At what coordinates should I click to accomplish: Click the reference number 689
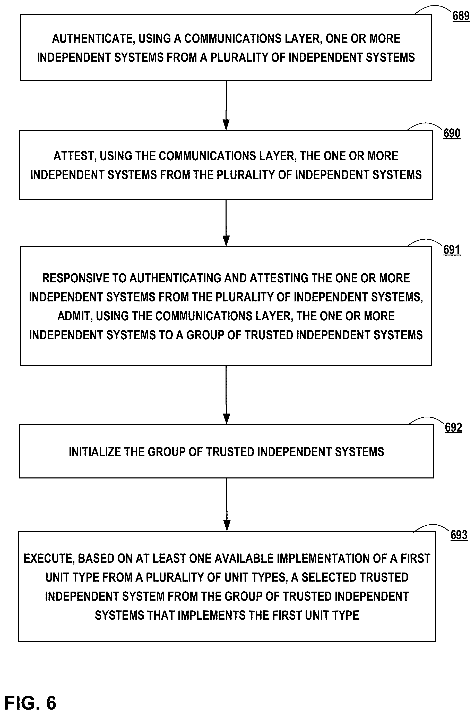461,16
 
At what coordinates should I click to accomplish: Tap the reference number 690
452,133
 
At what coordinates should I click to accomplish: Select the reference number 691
452,250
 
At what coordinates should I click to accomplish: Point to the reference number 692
453,428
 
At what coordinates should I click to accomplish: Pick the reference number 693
459,535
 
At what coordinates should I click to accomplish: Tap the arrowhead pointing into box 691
226,241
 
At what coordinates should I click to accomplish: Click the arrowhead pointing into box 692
226,419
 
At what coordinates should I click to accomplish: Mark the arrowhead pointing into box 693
227,526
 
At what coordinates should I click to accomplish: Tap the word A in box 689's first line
177,39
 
